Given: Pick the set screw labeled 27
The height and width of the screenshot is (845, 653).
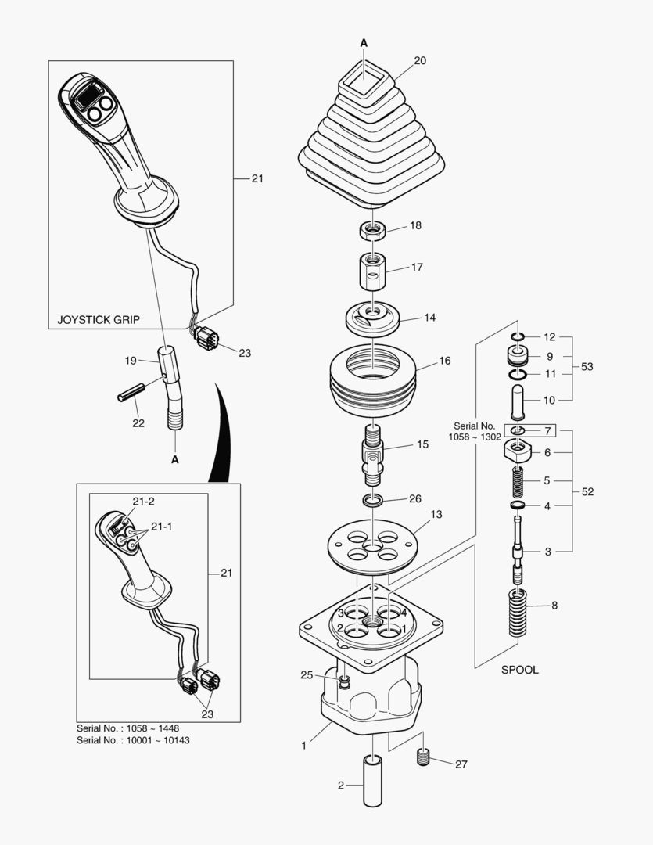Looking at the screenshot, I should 425,757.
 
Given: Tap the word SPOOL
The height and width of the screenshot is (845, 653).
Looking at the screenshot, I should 519,671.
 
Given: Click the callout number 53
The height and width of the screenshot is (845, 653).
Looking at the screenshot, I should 587,366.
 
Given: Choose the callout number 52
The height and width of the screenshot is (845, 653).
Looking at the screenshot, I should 587,491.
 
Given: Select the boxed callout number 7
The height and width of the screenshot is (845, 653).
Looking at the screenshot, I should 547,431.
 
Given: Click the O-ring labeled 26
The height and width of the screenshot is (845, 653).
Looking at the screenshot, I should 373,499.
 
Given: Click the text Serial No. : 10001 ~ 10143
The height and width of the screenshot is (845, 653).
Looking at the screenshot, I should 132,739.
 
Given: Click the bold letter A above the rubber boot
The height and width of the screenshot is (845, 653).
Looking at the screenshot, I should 364,41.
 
